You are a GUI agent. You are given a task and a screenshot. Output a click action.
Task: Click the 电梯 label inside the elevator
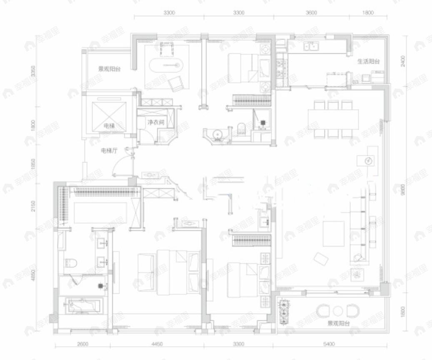click(109, 126)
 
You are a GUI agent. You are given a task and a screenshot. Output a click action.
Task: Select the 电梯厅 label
click(108, 152)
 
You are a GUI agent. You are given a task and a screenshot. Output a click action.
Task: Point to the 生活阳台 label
click(368, 62)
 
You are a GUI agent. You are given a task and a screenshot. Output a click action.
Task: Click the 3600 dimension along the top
click(311, 12)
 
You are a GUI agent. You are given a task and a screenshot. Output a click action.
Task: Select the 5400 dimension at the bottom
click(329, 344)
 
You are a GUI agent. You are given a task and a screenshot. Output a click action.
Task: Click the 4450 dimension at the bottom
click(157, 344)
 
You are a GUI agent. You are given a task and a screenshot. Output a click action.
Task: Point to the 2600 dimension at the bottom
click(83, 344)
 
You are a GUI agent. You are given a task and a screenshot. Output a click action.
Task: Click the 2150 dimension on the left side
click(34, 206)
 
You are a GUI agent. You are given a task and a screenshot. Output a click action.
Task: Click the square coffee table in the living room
click(333, 233)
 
